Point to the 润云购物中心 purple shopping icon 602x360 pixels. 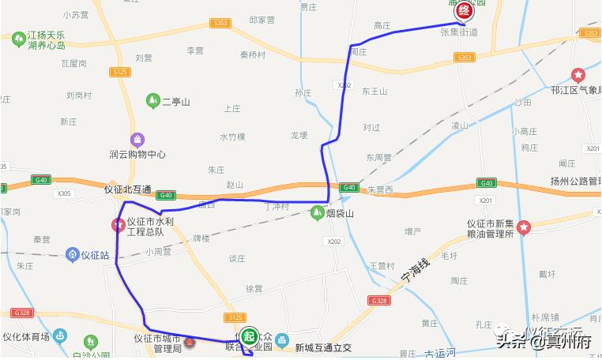coord(138,140)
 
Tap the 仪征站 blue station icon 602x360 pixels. coord(72,254)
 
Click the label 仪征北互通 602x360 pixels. coord(127,189)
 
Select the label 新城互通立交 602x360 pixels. coord(322,347)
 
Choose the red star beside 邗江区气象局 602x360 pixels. coord(578,76)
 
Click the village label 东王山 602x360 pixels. coord(375,92)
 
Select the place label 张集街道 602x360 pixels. coord(458,32)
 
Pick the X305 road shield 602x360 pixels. coord(65,193)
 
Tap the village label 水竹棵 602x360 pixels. coord(233,137)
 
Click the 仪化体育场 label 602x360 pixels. coord(25,337)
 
